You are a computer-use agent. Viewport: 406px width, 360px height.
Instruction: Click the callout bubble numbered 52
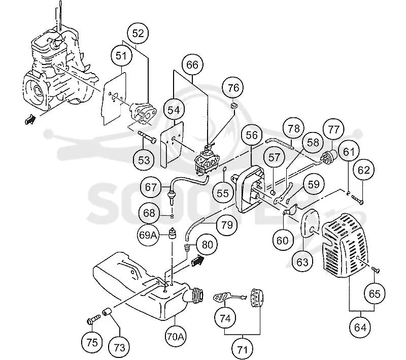[138, 34]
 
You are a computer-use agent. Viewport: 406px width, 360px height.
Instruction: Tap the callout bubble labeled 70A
[175, 337]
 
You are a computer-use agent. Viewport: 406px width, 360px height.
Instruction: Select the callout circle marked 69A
[147, 235]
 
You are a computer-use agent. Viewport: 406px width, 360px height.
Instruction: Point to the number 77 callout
[333, 129]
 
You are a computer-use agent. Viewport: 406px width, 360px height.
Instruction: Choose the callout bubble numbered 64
[360, 328]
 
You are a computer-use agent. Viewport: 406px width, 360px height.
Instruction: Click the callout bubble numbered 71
[243, 350]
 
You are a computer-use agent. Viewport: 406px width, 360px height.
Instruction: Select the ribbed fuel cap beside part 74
[257, 298]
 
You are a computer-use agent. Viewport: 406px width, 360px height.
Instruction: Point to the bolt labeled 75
[93, 319]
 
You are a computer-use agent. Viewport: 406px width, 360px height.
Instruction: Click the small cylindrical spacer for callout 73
[107, 312]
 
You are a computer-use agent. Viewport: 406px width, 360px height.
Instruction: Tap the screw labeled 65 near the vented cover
[376, 270]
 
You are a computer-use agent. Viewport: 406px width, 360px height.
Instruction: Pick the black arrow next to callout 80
[197, 260]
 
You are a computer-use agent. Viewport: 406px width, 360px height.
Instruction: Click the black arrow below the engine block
[30, 119]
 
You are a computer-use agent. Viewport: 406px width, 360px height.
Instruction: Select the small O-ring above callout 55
[225, 169]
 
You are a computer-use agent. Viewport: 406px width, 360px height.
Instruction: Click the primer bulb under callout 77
[329, 156]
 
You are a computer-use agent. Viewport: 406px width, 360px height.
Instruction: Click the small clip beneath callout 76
[234, 106]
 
